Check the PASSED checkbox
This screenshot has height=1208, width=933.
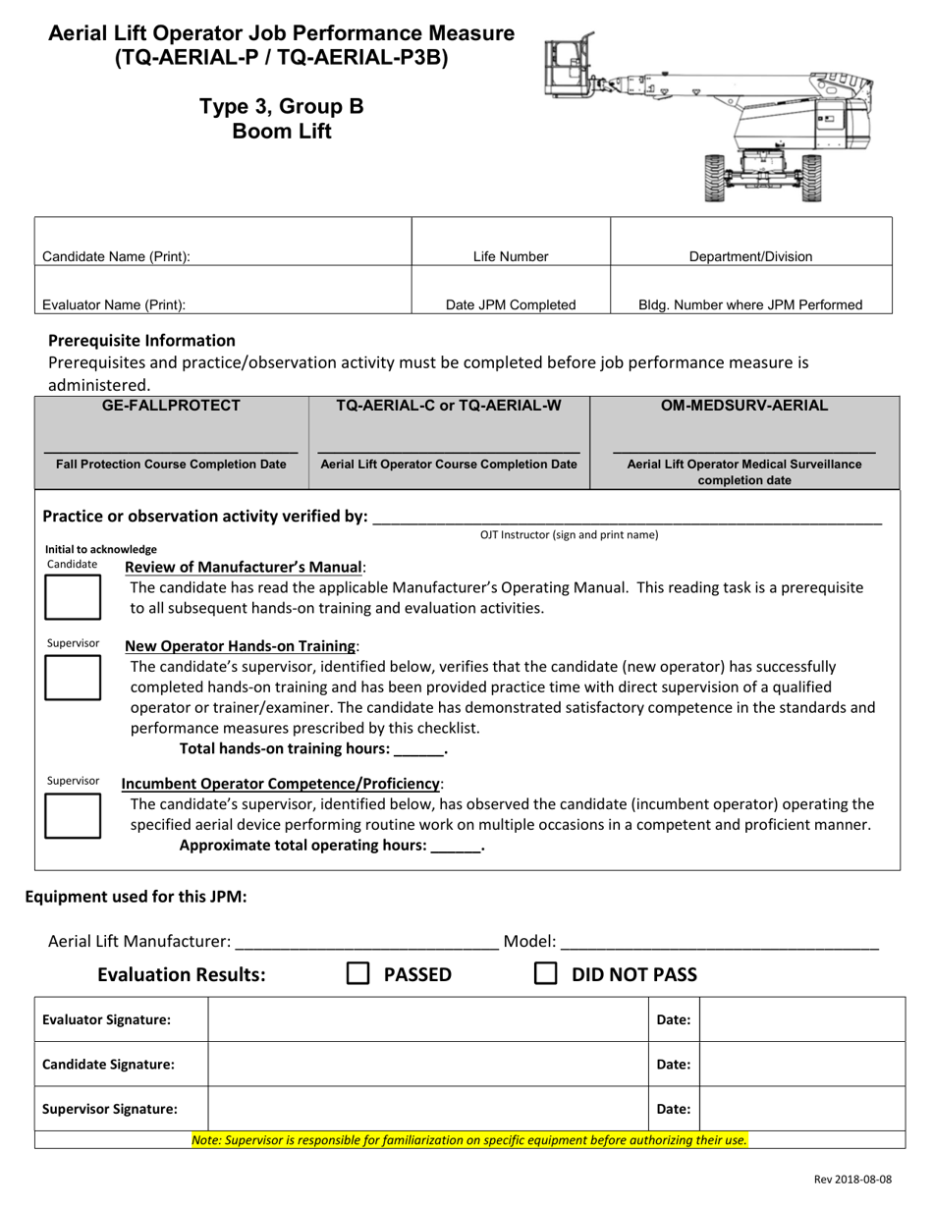[x=358, y=973]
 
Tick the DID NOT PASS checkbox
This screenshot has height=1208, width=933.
[x=545, y=973]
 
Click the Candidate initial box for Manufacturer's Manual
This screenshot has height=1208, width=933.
[x=73, y=597]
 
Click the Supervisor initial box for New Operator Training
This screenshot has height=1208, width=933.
[x=73, y=678]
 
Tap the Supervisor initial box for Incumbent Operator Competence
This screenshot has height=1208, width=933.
[x=73, y=815]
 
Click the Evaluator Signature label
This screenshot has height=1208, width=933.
[x=106, y=1020]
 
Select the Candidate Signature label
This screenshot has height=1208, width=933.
[x=108, y=1065]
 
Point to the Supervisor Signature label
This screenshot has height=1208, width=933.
[x=110, y=1109]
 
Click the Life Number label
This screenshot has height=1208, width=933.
[x=511, y=257]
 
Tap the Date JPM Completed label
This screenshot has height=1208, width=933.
[x=511, y=304]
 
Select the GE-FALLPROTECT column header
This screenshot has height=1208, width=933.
[x=172, y=405]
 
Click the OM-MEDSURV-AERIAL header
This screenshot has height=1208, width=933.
[x=744, y=405]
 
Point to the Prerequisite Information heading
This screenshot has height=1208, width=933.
[x=141, y=341]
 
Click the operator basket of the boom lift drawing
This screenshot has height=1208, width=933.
[x=567, y=67]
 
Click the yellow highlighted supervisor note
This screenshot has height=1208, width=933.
[x=469, y=1140]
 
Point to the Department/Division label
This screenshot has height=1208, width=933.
[x=750, y=257]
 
